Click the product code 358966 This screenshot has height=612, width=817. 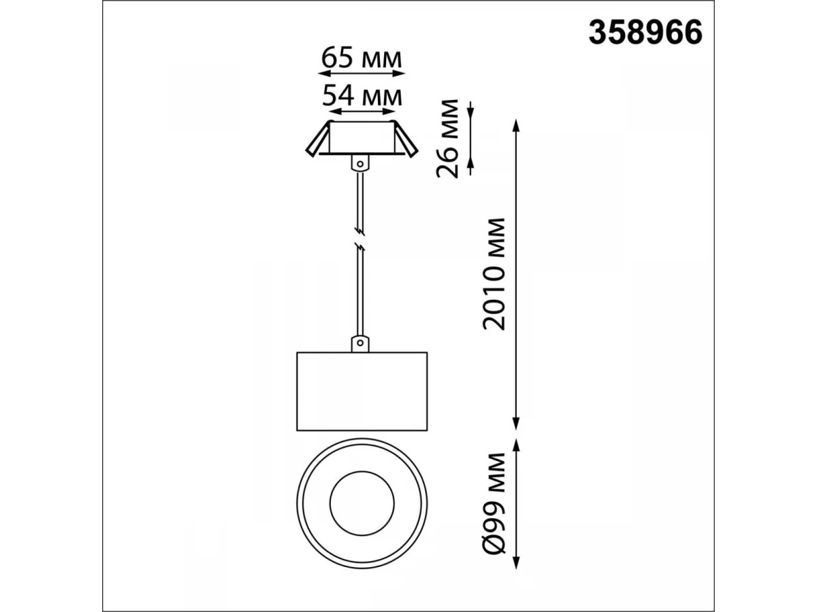[x=645, y=33]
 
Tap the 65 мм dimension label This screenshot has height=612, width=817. [x=361, y=58]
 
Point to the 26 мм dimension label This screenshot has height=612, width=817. [x=447, y=138]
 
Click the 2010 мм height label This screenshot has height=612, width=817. [x=494, y=274]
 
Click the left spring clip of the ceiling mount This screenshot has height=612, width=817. [x=317, y=139]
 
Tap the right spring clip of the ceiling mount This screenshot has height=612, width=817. [x=406, y=139]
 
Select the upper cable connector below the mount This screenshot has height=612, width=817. [x=360, y=163]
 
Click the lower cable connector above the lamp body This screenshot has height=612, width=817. [x=360, y=343]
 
